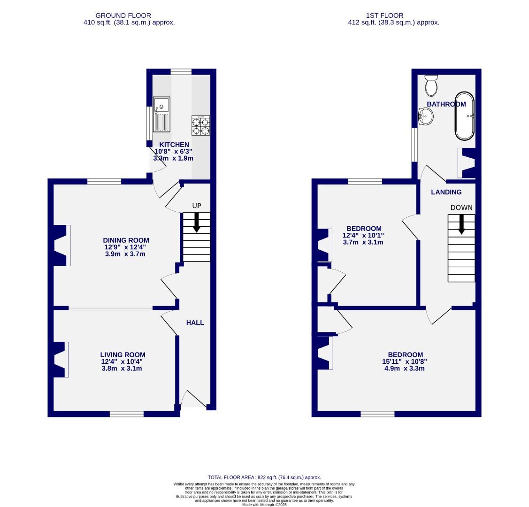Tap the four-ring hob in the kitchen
(x=200, y=126)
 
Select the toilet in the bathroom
(x=431, y=85)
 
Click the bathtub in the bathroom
(x=465, y=115)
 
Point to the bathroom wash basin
(x=425, y=115)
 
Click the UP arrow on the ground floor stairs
(x=196, y=222)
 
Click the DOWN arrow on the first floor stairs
(x=461, y=224)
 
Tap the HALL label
(x=195, y=323)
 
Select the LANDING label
(x=446, y=192)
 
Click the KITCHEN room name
(x=174, y=145)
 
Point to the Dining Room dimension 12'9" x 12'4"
(x=127, y=247)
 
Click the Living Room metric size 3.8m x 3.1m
(x=122, y=369)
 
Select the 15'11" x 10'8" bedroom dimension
(x=405, y=361)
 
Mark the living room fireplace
(x=61, y=360)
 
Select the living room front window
(x=127, y=414)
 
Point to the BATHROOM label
(x=446, y=104)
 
